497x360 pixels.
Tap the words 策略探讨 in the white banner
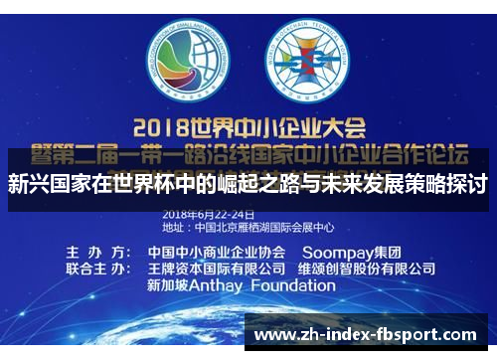coord(443,184)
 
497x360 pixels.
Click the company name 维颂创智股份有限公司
coord(367,270)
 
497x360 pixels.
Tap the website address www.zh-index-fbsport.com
coord(365,336)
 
